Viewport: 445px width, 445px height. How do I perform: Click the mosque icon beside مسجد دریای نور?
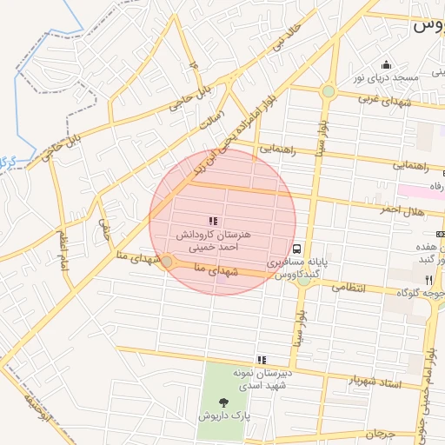pos(386,65)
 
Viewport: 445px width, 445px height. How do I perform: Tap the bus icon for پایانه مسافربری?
pos(297,248)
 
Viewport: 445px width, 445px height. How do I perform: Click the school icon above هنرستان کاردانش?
pos(213,221)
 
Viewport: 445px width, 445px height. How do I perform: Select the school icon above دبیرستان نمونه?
pos(261,359)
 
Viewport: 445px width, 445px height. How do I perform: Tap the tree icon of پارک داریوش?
pos(226,402)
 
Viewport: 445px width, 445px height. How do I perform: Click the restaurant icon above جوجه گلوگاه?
pos(428,280)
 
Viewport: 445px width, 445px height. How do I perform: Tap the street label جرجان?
pos(380,433)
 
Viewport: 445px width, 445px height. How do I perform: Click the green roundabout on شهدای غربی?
pos(328,90)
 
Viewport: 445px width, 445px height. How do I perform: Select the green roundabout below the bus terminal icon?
pos(303,279)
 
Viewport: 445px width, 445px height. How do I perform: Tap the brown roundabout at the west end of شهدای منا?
pos(166,261)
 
